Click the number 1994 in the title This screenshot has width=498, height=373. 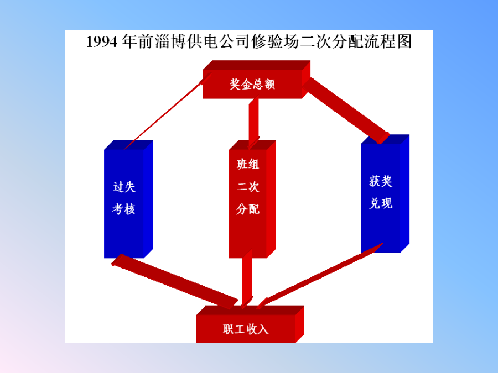102,42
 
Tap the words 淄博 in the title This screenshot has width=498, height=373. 170,41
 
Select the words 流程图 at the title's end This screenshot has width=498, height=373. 388,41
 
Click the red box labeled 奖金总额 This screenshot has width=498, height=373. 257,80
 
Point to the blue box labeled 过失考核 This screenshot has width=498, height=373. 128,199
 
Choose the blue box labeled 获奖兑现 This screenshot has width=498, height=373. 385,193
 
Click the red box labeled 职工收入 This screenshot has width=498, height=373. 250,324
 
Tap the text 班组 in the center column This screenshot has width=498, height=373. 248,164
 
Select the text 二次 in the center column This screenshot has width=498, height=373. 248,187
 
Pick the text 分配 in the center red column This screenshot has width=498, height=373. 248,209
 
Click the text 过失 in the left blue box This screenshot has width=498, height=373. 124,187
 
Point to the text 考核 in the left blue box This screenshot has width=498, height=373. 124,209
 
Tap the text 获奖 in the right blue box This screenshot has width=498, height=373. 381,181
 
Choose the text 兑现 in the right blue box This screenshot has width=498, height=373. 381,203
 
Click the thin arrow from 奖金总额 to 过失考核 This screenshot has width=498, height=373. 168,111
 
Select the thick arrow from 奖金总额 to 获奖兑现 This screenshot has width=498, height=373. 346,111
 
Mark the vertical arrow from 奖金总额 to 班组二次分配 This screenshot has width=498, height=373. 253,123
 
